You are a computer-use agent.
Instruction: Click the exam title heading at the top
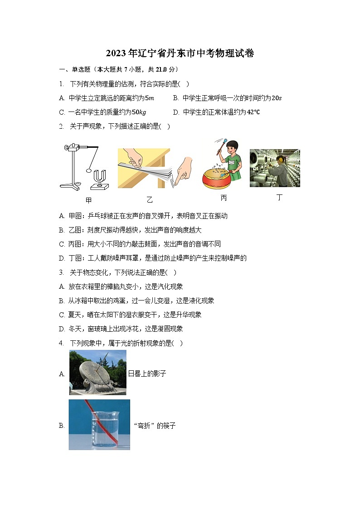point(180,53)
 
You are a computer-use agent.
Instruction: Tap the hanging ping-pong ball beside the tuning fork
point(88,171)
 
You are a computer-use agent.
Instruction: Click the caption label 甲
point(88,200)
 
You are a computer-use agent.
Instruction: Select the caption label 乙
point(150,200)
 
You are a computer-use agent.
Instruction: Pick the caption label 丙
point(224,199)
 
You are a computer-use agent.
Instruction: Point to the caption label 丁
point(279,198)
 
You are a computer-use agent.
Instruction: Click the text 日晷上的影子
point(147,374)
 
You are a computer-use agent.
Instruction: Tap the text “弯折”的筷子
point(154,426)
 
